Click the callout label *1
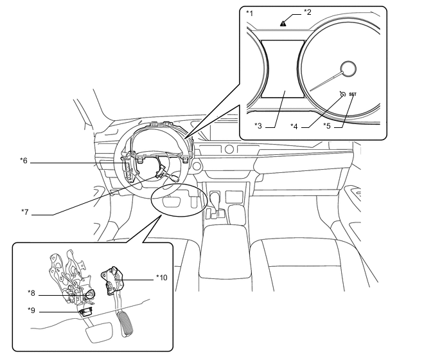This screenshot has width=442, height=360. (249, 14)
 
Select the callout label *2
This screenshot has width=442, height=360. (307, 12)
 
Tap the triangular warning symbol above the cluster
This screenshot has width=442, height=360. (283, 23)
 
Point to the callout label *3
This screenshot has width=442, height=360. (258, 125)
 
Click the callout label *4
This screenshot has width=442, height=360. (294, 126)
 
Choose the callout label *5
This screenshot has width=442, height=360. (327, 125)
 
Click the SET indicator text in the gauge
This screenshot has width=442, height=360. (353, 94)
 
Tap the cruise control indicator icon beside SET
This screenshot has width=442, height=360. (342, 94)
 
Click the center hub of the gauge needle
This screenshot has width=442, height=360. (348, 69)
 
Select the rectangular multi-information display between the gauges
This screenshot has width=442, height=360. (283, 69)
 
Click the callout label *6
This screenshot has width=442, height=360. (24, 161)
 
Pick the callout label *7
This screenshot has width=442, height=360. (25, 212)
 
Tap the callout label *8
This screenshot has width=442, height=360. (31, 293)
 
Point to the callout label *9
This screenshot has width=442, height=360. (31, 310)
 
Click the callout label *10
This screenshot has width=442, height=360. (162, 278)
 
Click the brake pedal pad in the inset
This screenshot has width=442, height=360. (99, 332)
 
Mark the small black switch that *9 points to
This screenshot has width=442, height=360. (86, 311)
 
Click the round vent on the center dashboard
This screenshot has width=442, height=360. (229, 148)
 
